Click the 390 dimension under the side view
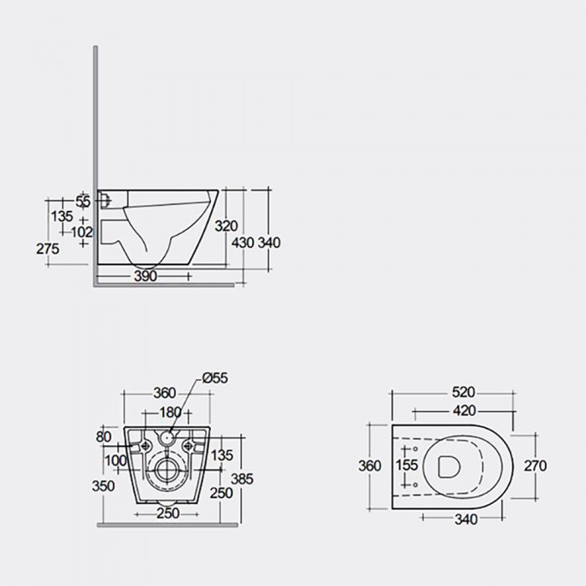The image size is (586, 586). coord(146,276)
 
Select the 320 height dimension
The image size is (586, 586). coord(226,226)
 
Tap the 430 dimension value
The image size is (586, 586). coord(243,243)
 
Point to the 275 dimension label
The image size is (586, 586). coord(48,249)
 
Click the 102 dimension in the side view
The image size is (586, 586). coord(82,232)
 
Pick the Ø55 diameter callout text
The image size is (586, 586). coord(215,378)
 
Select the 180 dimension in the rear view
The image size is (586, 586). coord(171,413)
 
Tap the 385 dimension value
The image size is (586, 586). coord(242,479)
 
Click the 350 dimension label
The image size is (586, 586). coord(103,486)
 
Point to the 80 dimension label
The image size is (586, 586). coord(104,437)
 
